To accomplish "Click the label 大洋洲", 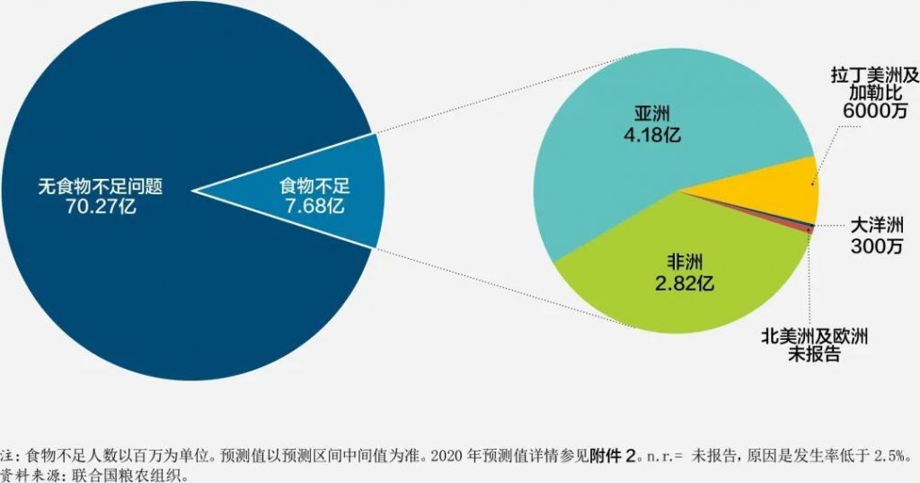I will (876, 226).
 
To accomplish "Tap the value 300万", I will (876, 246).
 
